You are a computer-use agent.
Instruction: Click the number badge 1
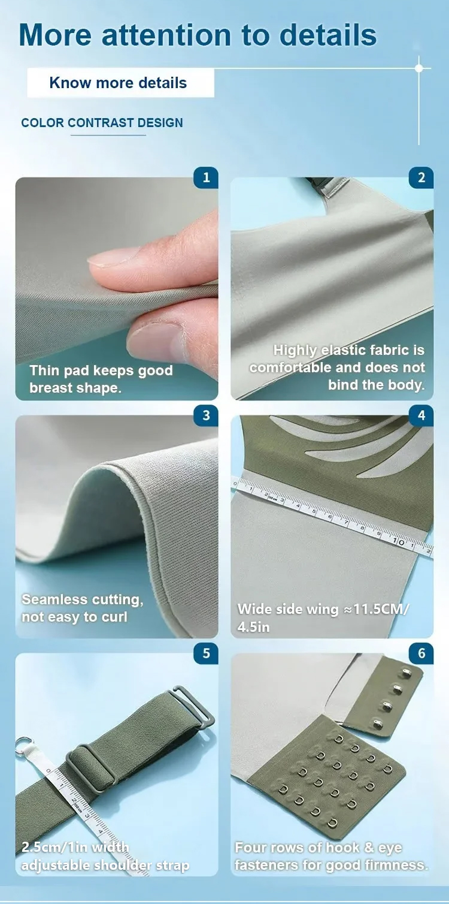coord(206,177)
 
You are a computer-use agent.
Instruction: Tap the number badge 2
coord(421,177)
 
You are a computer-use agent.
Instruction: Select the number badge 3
coord(206,415)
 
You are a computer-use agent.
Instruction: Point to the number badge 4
coord(421,415)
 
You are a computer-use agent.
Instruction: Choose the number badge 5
coord(206,653)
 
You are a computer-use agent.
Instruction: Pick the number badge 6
coord(421,653)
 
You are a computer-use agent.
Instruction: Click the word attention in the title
coord(166,35)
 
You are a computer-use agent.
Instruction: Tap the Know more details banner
coord(120,83)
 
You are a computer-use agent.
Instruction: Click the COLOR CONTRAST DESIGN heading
coord(102,123)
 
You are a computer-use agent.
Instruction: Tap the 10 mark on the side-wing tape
coord(399,542)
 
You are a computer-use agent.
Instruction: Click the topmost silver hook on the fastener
coord(405,673)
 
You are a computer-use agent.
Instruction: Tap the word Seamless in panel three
coord(49,599)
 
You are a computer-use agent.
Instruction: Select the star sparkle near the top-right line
coord(419,68)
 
